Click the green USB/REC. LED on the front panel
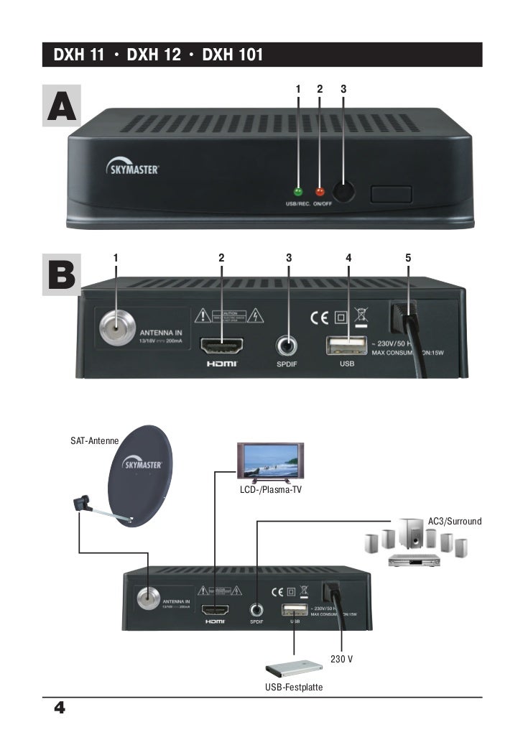(299, 192)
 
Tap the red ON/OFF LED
(320, 192)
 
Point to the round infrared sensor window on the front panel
(345, 192)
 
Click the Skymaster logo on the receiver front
(134, 169)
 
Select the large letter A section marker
(61, 107)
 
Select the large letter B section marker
(61, 277)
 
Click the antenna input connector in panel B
(115, 328)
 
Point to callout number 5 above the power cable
(407, 257)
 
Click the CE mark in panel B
(318, 317)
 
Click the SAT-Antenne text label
(94, 439)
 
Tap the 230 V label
(341, 658)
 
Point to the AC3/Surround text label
(454, 519)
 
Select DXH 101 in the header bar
(233, 55)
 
